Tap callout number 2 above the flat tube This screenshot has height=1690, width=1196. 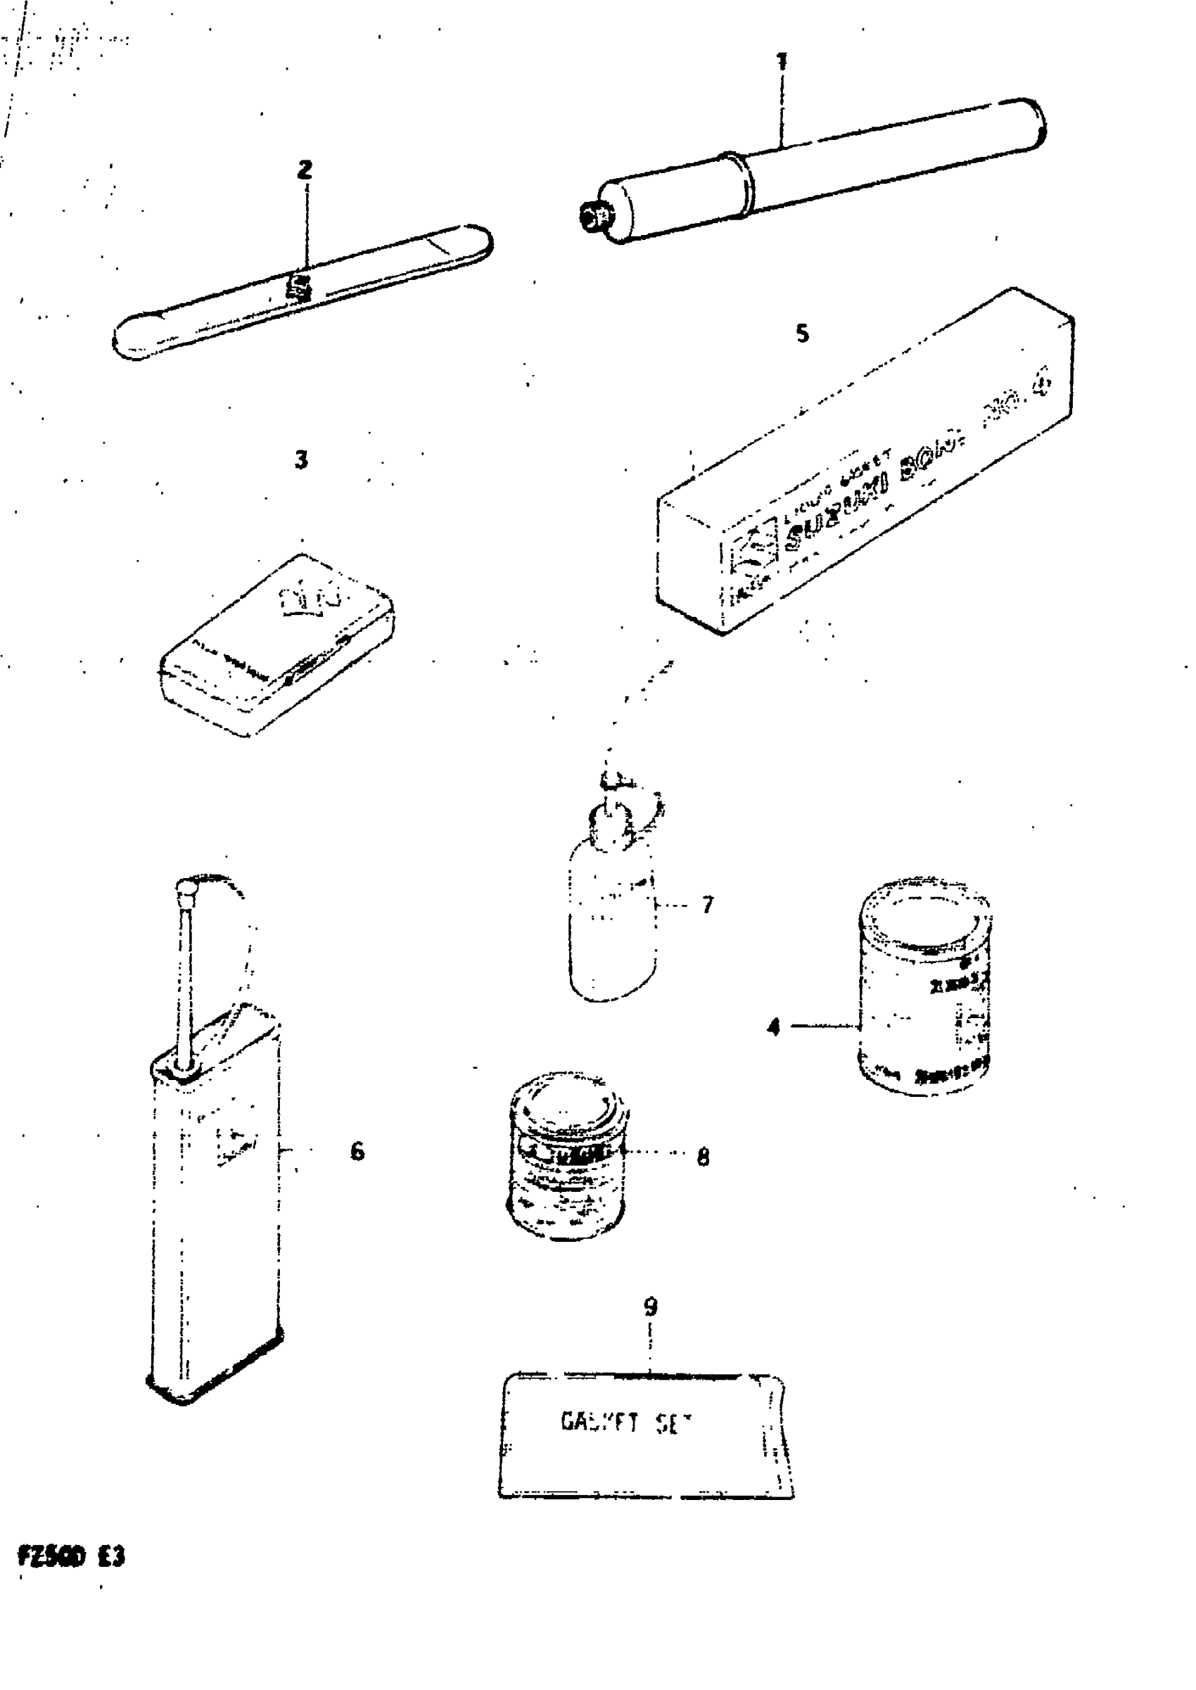click(x=305, y=170)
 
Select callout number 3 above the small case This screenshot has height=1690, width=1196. click(x=301, y=460)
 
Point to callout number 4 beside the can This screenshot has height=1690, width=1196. click(x=773, y=1027)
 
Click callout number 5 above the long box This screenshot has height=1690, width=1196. click(x=802, y=333)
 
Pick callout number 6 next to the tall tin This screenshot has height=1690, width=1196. click(x=357, y=1151)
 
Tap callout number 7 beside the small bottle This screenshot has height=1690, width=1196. click(x=708, y=904)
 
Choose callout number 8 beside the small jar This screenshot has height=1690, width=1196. click(x=704, y=1157)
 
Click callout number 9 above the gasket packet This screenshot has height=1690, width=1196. click(x=650, y=1307)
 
